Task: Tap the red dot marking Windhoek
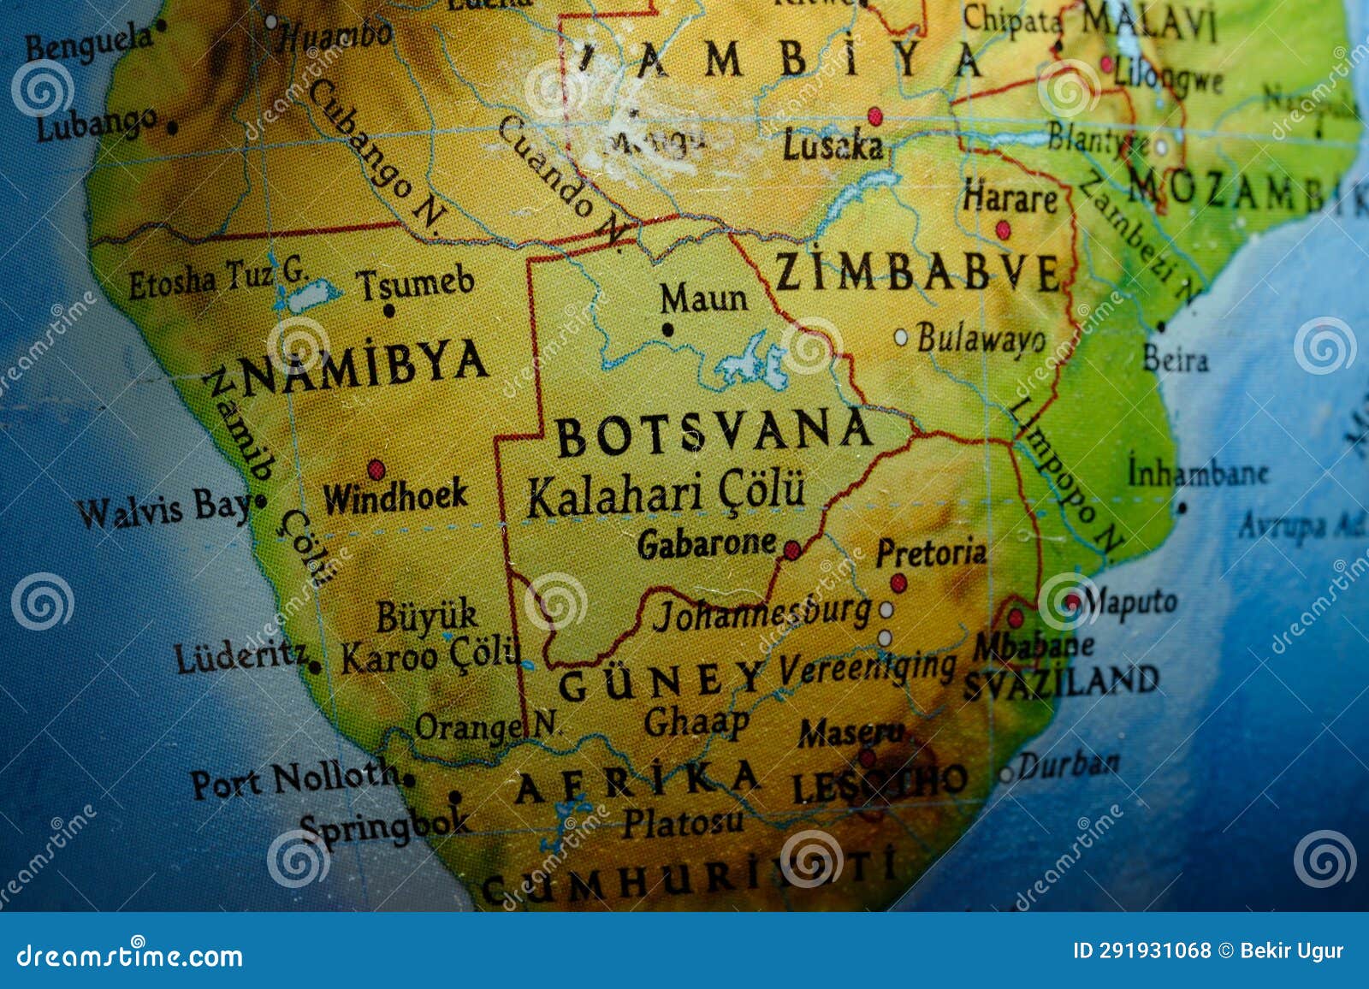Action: point(376,470)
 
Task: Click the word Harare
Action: point(1010,198)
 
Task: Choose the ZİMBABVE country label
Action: point(917,273)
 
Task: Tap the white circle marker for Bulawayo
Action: point(901,338)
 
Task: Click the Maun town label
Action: point(703,299)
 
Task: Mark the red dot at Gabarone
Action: point(792,550)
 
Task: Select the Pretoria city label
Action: point(930,553)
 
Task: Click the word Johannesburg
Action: point(762,613)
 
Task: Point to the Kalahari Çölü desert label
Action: point(666,494)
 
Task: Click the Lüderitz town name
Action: point(241,657)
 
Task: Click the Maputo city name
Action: point(1129,602)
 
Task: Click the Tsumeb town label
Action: point(415,283)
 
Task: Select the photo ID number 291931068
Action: point(1141,951)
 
